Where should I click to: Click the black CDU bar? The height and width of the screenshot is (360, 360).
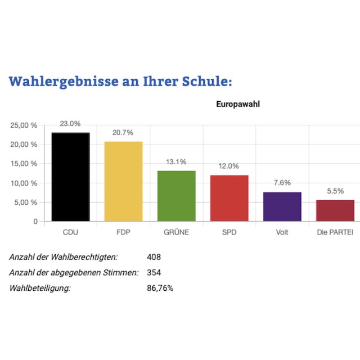(70, 177)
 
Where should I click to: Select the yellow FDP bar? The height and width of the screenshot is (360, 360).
(123, 181)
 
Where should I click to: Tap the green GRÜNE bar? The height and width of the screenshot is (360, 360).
(176, 196)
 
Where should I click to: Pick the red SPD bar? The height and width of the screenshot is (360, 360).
(229, 198)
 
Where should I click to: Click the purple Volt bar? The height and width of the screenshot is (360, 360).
(282, 206)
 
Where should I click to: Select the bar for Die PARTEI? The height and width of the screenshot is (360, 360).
(335, 210)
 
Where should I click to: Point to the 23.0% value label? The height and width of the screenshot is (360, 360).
(70, 124)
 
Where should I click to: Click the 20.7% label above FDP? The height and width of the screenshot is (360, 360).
(123, 133)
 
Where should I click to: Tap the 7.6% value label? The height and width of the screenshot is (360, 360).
(282, 183)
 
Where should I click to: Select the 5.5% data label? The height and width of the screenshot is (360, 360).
(335, 191)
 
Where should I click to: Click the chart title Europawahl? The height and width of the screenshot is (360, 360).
(238, 104)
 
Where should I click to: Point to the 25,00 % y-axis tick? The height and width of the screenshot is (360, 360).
(24, 125)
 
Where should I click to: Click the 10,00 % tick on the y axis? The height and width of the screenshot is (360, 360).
(24, 183)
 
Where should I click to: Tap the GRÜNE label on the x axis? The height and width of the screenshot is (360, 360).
(176, 232)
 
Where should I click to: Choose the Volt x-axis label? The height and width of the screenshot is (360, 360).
(282, 232)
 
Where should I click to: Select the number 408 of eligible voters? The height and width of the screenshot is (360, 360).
(154, 257)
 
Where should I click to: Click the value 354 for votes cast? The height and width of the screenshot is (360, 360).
(154, 273)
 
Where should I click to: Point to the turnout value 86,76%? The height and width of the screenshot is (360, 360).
(160, 289)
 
